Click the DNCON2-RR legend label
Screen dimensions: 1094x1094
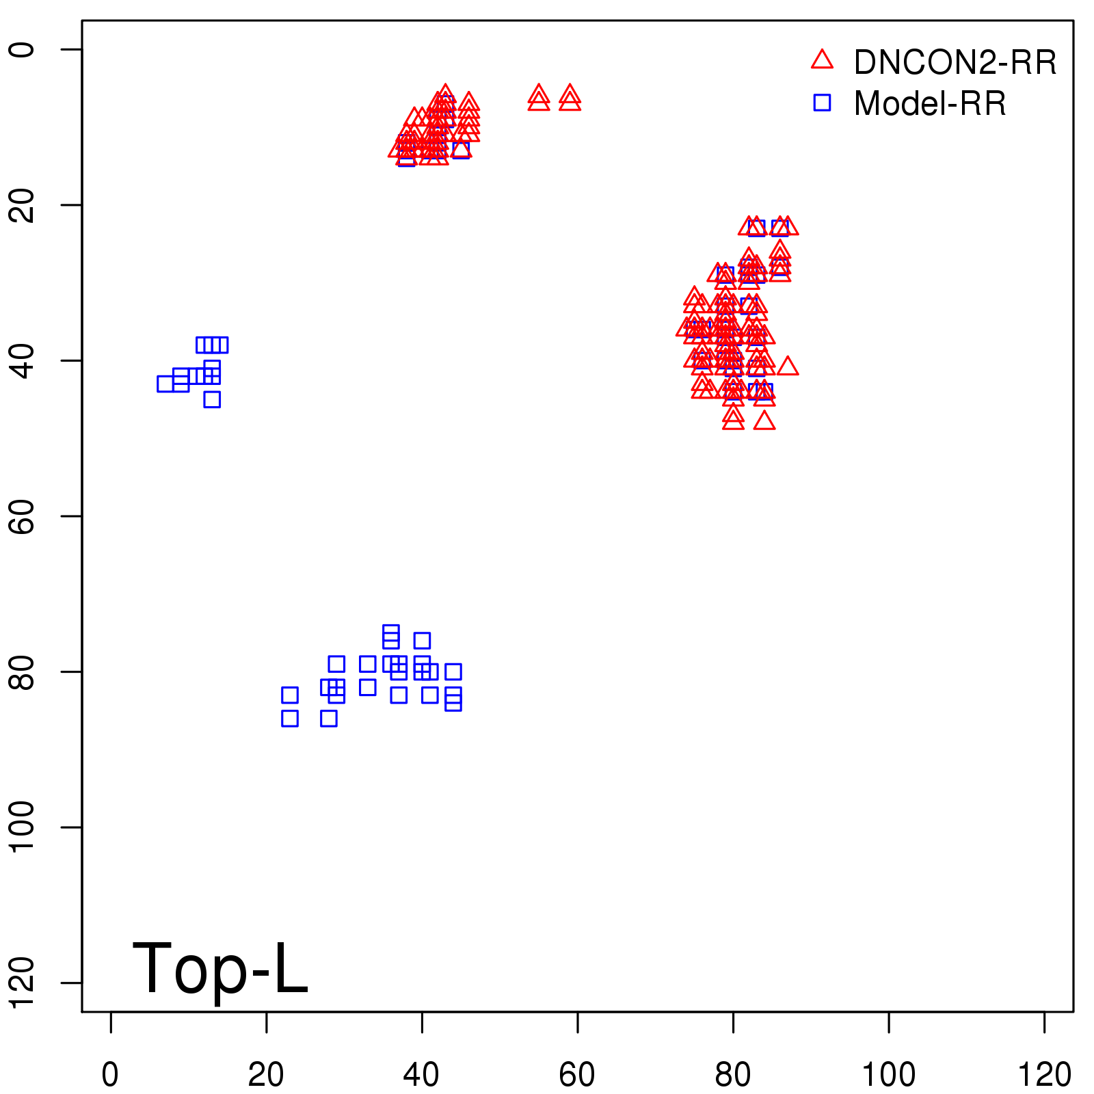(955, 63)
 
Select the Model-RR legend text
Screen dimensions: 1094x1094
(930, 104)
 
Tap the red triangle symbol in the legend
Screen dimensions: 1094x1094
(822, 60)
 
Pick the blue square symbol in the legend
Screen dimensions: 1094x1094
(822, 103)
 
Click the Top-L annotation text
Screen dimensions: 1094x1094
(220, 968)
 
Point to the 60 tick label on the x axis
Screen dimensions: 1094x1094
(577, 1075)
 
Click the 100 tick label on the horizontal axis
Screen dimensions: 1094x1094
(888, 1075)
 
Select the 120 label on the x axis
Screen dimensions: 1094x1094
(1044, 1075)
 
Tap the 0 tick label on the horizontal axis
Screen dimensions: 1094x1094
(110, 1075)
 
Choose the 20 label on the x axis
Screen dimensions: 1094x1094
(266, 1075)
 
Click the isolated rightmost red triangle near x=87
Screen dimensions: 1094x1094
(788, 366)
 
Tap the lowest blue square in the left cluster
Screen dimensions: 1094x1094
(212, 399)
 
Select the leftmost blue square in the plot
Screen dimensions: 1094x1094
(165, 384)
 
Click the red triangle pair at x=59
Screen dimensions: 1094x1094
(570, 98)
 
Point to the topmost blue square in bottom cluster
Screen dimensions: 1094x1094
(391, 632)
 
